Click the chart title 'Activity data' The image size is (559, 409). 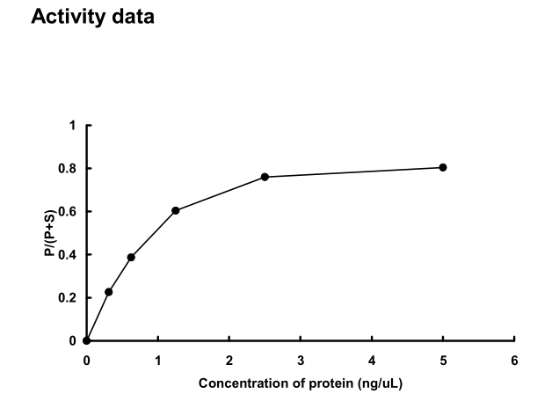(x=92, y=17)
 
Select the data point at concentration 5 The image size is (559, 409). (x=443, y=167)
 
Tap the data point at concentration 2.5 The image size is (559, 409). (x=265, y=177)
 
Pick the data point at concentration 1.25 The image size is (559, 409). (x=176, y=210)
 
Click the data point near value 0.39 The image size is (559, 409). (x=131, y=257)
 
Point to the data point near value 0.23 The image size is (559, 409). (x=109, y=291)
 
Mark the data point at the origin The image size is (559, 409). (x=86, y=340)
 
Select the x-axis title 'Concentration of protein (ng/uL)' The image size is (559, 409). (x=301, y=383)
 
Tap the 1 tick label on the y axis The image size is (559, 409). (x=73, y=125)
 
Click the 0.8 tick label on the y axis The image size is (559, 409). (x=68, y=168)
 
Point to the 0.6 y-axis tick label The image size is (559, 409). (x=68, y=211)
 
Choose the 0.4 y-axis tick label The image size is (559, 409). (x=68, y=254)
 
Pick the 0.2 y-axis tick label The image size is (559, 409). (x=68, y=297)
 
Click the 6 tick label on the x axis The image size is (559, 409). (x=514, y=360)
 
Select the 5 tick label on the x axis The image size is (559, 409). (x=443, y=360)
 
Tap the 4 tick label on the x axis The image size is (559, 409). (x=372, y=360)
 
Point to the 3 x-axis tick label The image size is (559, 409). (x=301, y=360)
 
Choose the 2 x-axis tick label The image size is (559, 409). (x=229, y=360)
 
